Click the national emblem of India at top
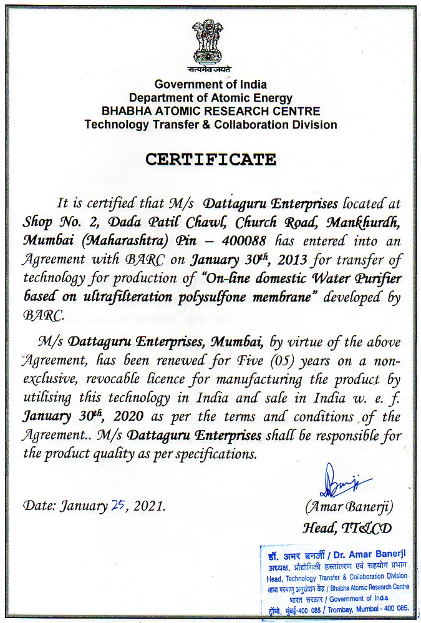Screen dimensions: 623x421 click(x=211, y=41)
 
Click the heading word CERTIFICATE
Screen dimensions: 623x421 click(x=211, y=159)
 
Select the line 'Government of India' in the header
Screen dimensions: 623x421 click(x=211, y=84)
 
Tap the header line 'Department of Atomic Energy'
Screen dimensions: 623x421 click(x=211, y=98)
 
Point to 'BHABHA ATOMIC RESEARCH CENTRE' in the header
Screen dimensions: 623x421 click(x=211, y=111)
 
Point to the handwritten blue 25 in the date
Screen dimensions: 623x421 click(x=117, y=505)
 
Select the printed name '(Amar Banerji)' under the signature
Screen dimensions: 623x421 click(x=349, y=506)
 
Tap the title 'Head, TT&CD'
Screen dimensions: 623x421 click(x=347, y=528)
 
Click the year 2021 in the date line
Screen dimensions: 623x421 click(x=151, y=506)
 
